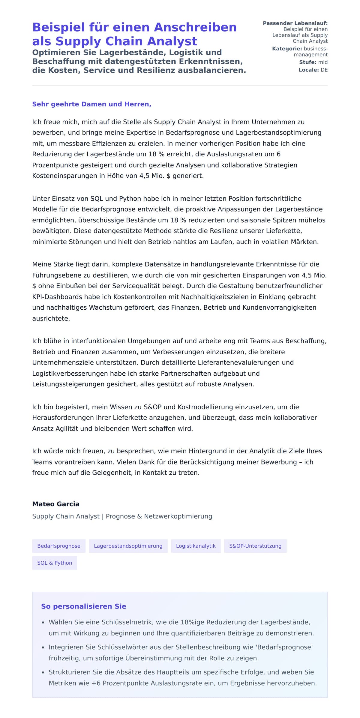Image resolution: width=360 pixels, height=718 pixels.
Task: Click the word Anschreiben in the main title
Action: pyautogui.click(x=195, y=27)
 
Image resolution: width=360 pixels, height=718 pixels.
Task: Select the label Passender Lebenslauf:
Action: pyautogui.click(x=295, y=23)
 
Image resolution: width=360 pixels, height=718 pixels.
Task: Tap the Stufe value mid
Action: pyautogui.click(x=323, y=62)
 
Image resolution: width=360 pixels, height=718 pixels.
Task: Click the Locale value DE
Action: pyautogui.click(x=324, y=70)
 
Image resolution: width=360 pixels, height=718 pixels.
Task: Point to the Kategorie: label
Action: pyautogui.click(x=287, y=49)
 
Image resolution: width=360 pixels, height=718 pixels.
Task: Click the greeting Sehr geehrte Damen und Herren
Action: pyautogui.click(x=91, y=104)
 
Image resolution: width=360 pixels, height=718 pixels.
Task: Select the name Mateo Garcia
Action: pyautogui.click(x=56, y=504)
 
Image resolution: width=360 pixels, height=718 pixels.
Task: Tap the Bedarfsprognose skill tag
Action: pyautogui.click(x=59, y=546)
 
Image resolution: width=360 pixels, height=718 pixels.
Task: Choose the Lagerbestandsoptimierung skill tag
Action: pyautogui.click(x=128, y=546)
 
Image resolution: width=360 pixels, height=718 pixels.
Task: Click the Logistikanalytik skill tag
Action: pyautogui.click(x=196, y=546)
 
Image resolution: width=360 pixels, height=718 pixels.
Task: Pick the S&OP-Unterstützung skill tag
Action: pyautogui.click(x=255, y=546)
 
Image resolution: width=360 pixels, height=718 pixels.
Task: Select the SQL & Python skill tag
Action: pyautogui.click(x=55, y=563)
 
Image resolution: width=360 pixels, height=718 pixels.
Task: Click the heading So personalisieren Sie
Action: pyautogui.click(x=83, y=606)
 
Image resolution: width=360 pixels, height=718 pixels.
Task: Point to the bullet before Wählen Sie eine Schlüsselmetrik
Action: pyautogui.click(x=43, y=623)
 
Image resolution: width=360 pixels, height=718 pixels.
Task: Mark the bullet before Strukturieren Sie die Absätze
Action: pyautogui.click(x=43, y=673)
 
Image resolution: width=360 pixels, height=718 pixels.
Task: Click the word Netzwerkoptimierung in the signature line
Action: pyautogui.click(x=178, y=516)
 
